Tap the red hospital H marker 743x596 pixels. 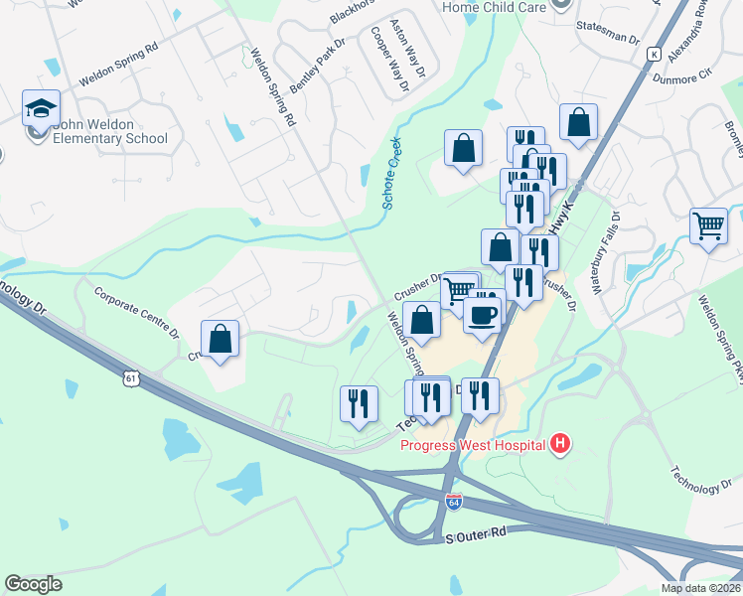point(561,444)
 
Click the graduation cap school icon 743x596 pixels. point(42,108)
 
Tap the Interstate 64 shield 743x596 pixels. point(454,504)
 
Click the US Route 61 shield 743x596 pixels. point(132,377)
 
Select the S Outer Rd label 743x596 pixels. point(476,534)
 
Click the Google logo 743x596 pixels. point(33,584)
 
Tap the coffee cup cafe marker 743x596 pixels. point(483,316)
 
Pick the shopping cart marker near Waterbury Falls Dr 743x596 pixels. point(708,227)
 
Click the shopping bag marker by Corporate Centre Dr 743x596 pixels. point(221,339)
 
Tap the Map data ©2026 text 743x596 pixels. point(700,588)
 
